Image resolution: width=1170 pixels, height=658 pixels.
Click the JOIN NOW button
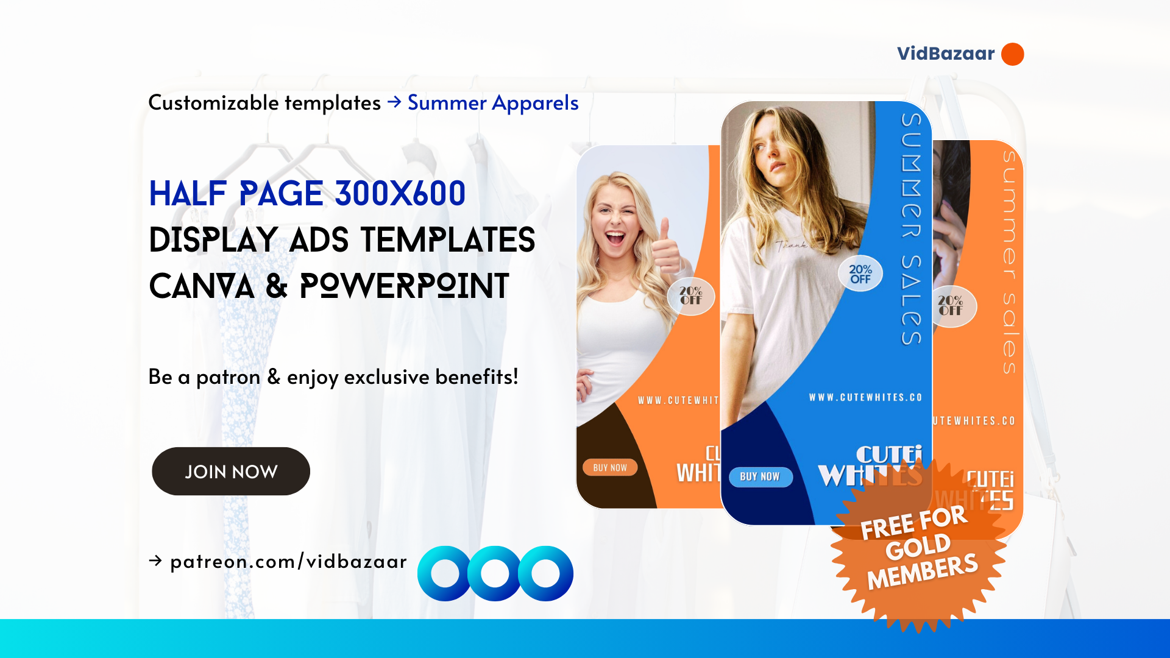click(230, 472)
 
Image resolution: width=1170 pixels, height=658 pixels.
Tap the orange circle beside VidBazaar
click(1012, 54)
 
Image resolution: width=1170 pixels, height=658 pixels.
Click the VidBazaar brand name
click(945, 54)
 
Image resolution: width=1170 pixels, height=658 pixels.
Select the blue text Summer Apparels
click(492, 103)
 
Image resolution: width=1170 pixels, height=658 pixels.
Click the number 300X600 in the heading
click(400, 194)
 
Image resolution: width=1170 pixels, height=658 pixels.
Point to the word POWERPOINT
click(404, 286)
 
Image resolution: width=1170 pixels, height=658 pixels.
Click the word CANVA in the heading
click(201, 286)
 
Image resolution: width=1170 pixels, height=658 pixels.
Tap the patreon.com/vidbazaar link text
click(288, 561)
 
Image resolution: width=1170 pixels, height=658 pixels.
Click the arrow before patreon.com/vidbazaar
click(155, 561)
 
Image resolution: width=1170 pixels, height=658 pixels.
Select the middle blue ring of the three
click(495, 573)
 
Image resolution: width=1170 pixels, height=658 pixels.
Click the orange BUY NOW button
click(609, 467)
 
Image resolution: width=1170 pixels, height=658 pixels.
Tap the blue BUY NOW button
click(760, 476)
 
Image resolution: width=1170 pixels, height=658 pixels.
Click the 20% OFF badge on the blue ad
click(860, 274)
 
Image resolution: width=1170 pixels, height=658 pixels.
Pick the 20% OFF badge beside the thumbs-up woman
click(691, 295)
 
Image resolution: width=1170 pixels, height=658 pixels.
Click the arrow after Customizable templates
click(394, 102)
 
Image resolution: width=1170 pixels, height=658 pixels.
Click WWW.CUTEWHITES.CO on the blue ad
click(865, 397)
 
